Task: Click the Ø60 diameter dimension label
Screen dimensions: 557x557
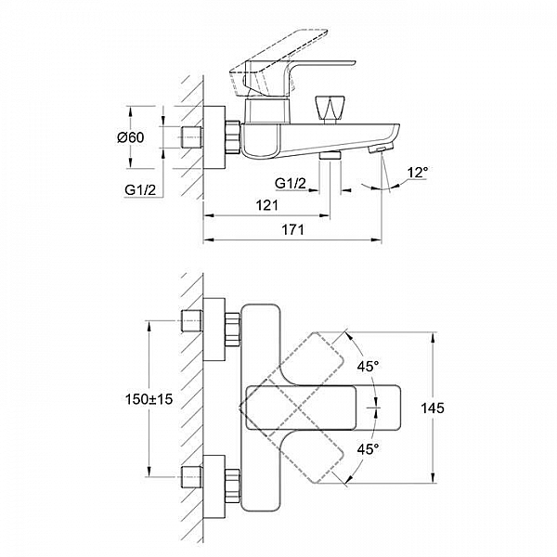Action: click(131, 137)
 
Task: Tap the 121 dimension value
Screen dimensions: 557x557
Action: click(266, 205)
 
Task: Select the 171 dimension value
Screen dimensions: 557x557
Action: click(293, 230)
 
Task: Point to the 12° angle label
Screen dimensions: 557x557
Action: click(418, 173)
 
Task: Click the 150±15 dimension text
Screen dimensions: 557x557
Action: click(149, 399)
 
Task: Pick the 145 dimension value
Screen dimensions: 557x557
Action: click(433, 408)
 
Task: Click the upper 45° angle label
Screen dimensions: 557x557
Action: click(368, 367)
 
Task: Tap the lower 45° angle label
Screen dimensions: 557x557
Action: click(368, 449)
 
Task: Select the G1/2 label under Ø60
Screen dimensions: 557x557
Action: click(140, 190)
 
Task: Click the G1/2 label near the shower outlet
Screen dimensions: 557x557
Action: click(291, 183)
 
